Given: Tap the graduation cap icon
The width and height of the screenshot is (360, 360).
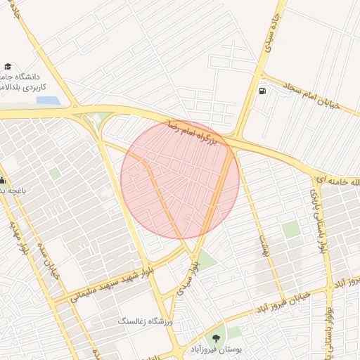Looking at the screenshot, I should point(8,67).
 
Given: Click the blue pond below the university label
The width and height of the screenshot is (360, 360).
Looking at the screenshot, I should point(48,101).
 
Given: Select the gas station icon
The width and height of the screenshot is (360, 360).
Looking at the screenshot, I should point(263,91).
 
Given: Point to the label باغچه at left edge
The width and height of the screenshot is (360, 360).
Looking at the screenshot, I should point(13,191).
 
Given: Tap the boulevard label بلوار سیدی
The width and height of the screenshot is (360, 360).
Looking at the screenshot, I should point(188,276).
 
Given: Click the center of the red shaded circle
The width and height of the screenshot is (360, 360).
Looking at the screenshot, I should point(180,180).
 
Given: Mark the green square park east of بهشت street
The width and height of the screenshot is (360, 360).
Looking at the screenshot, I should point(290,229).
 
